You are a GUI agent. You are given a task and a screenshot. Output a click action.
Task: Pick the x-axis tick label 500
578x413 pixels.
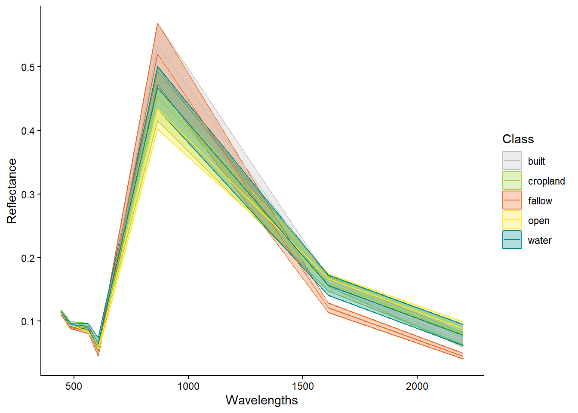[74, 386]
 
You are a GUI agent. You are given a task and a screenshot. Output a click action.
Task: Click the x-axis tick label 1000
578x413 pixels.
[188, 386]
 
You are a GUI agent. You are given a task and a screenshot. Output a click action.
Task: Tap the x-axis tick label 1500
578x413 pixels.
[303, 386]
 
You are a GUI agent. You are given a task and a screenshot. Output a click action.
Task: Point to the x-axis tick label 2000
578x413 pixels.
[417, 386]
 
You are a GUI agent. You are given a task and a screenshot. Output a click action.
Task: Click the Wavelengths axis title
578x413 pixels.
[261, 401]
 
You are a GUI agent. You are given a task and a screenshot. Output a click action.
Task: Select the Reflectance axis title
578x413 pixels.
[12, 191]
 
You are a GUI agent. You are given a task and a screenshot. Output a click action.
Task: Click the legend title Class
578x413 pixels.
[518, 139]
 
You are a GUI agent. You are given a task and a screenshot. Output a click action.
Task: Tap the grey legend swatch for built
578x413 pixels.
[512, 160]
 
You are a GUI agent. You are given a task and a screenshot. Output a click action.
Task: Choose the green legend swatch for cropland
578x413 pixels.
[512, 180]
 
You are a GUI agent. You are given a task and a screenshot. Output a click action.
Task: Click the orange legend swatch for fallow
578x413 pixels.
[512, 200]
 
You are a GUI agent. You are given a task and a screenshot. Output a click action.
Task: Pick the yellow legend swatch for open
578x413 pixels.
[512, 220]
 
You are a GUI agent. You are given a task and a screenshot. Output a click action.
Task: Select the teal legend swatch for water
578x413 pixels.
[512, 240]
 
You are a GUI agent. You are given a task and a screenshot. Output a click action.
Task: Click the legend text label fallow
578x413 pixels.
[540, 201]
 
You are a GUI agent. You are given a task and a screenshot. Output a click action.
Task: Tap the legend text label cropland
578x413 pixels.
[546, 181]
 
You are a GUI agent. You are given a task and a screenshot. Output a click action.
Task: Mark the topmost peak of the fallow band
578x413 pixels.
[158, 23]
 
